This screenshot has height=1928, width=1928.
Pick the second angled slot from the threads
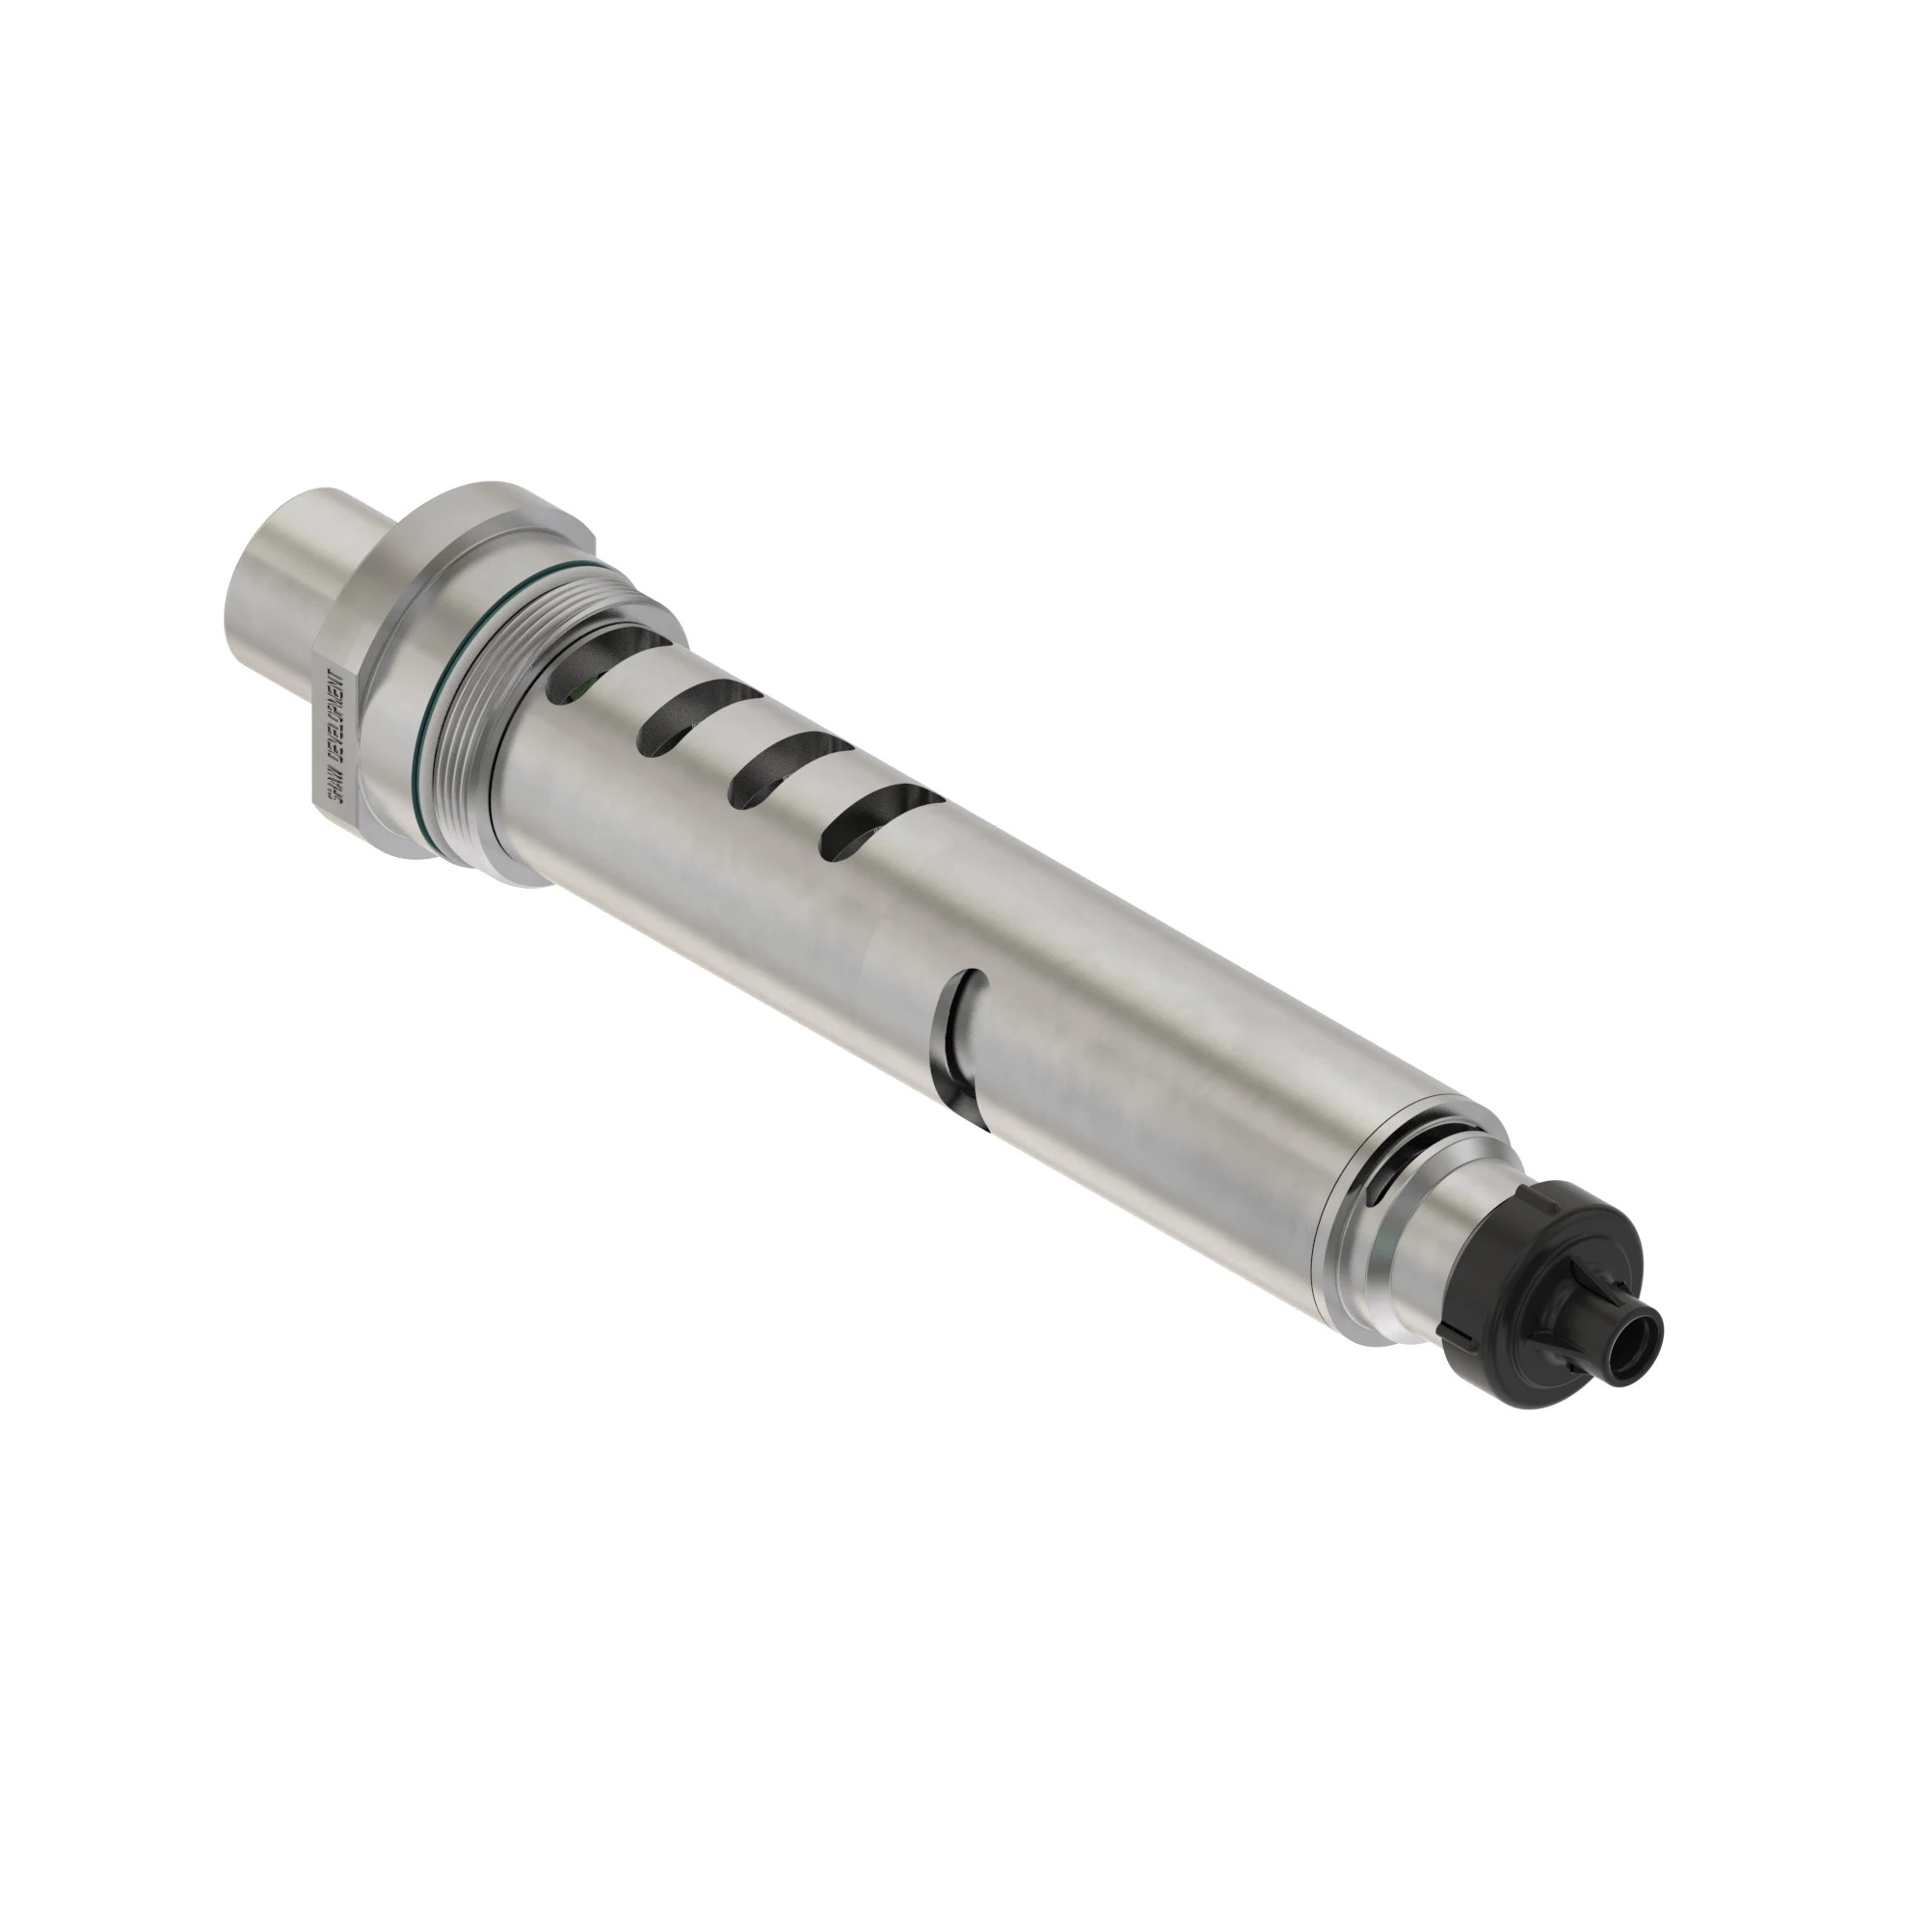(683, 713)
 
